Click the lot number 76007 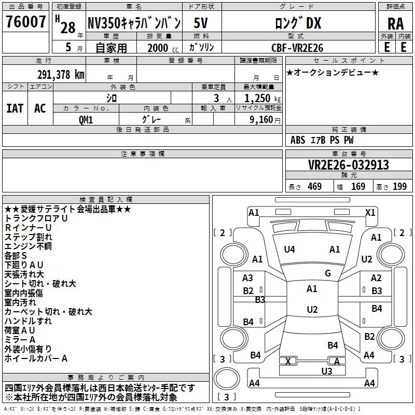[x=25, y=21]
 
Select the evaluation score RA [x=396, y=24]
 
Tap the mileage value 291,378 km [x=61, y=75]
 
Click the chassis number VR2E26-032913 [x=349, y=165]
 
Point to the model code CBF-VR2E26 [x=297, y=48]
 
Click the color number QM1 [x=86, y=120]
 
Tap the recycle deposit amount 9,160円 [x=265, y=120]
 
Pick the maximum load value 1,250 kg [x=262, y=99]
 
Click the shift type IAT [x=15, y=108]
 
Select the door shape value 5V [x=201, y=23]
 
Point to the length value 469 [x=315, y=186]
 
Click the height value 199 [x=399, y=186]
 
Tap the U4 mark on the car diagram [x=289, y=250]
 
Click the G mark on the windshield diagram [x=328, y=273]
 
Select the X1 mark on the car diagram [x=370, y=213]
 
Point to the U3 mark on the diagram [x=327, y=371]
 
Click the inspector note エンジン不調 [x=28, y=246]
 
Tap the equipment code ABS [x=298, y=140]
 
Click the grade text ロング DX [x=298, y=23]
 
